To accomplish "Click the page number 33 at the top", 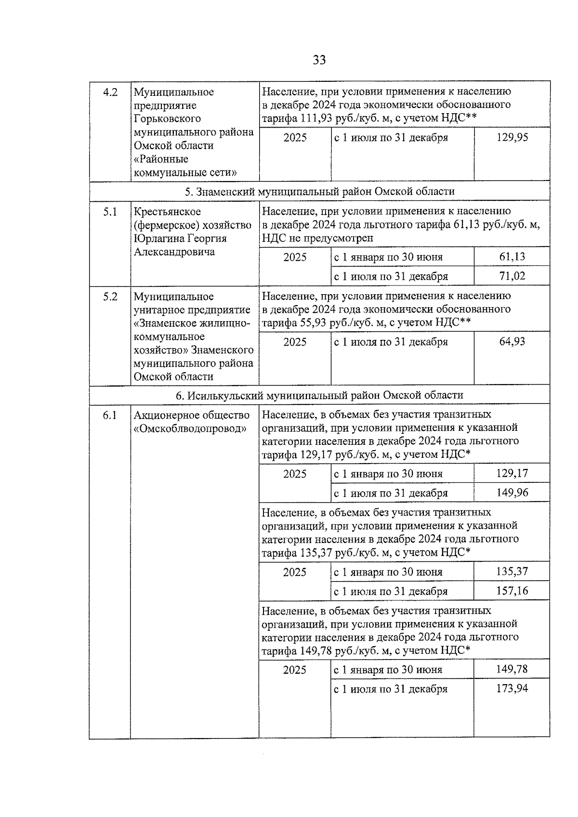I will pyautogui.click(x=319, y=60).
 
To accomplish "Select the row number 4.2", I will pyautogui.click(x=110, y=92).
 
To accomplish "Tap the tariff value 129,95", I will pyautogui.click(x=512, y=138).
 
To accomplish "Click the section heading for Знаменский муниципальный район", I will pyautogui.click(x=319, y=192).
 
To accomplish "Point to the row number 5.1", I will pyautogui.click(x=110, y=212).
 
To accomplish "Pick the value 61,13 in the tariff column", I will pyautogui.click(x=512, y=257).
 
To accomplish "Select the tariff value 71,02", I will pyautogui.click(x=512, y=276).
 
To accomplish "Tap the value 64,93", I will pyautogui.click(x=512, y=342).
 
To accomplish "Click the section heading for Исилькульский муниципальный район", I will pyautogui.click(x=319, y=395).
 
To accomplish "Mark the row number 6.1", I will pyautogui.click(x=110, y=415).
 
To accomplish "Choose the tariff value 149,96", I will pyautogui.click(x=512, y=493).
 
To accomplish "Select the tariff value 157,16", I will pyautogui.click(x=512, y=591).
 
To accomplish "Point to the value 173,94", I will pyautogui.click(x=512, y=689).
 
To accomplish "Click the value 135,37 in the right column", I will pyautogui.click(x=512, y=572).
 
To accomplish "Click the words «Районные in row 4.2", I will pyautogui.click(x=161, y=159).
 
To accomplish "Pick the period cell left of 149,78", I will pyautogui.click(x=388, y=670).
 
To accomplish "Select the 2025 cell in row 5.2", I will pyautogui.click(x=295, y=342).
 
